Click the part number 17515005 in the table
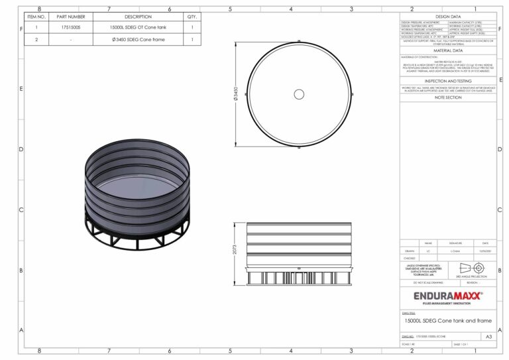[x=71, y=28]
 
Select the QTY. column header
[x=192, y=17]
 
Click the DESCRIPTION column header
[x=138, y=17]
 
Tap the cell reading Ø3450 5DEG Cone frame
[x=138, y=40]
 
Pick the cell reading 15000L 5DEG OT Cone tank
[x=138, y=28]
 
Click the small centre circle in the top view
[x=299, y=95]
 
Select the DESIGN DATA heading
[x=447, y=16]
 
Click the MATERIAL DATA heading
[x=447, y=50]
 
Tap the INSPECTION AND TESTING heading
[x=447, y=81]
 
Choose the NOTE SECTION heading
[x=447, y=97]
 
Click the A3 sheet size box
[x=488, y=337]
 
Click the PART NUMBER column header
[x=71, y=17]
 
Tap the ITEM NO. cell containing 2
[x=36, y=40]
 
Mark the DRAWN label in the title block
[x=410, y=251]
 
